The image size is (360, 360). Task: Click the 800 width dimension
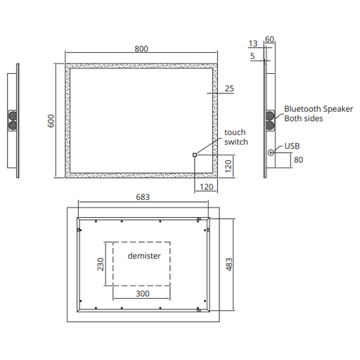click(x=141, y=49)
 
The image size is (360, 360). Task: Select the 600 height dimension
click(x=51, y=121)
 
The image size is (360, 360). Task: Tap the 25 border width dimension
click(x=229, y=89)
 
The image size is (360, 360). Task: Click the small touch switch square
click(x=195, y=155)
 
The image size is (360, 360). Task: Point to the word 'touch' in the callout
click(x=235, y=132)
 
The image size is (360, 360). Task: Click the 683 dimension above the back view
click(x=143, y=197)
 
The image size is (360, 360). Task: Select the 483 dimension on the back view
click(x=229, y=264)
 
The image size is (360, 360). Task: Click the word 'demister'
click(x=144, y=256)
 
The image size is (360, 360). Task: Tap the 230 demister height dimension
click(x=101, y=264)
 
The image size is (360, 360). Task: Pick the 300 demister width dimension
click(x=143, y=294)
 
